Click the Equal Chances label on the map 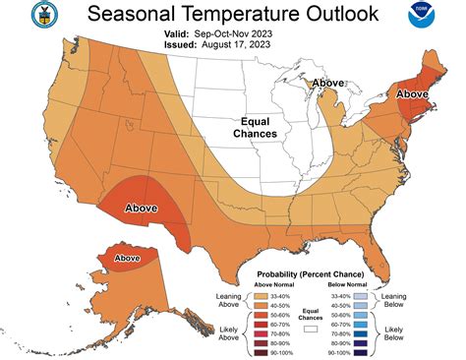pyautogui.click(x=255, y=127)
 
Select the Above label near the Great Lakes pyautogui.click(x=327, y=84)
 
